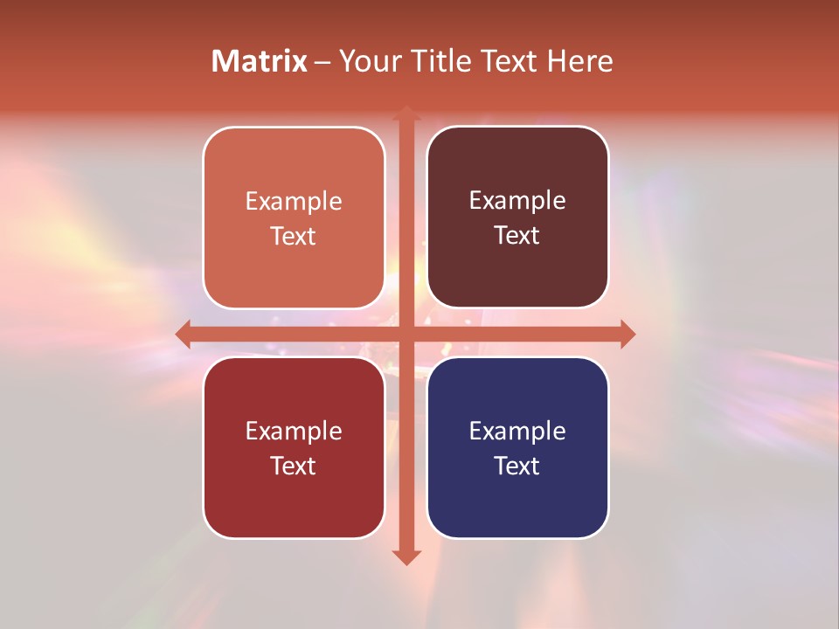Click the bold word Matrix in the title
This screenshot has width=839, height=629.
[x=260, y=61]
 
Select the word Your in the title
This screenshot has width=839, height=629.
[x=367, y=61]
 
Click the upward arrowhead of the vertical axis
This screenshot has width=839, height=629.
[x=406, y=114]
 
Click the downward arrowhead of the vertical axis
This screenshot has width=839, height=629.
[x=406, y=556]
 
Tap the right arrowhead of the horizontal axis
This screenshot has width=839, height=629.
[x=627, y=335]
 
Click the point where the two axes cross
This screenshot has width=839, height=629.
[x=406, y=335]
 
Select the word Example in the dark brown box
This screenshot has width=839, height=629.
[x=517, y=201]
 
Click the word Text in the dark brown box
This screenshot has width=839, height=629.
[x=517, y=235]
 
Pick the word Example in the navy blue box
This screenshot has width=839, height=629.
[x=517, y=431]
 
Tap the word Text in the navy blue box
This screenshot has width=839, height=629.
[x=517, y=466]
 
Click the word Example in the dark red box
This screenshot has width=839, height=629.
[x=294, y=431]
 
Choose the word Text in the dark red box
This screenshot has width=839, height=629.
[x=294, y=466]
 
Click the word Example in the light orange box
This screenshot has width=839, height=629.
[x=294, y=201]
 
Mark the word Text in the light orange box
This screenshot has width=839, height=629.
[x=294, y=236]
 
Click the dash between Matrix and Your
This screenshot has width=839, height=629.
[x=322, y=62]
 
